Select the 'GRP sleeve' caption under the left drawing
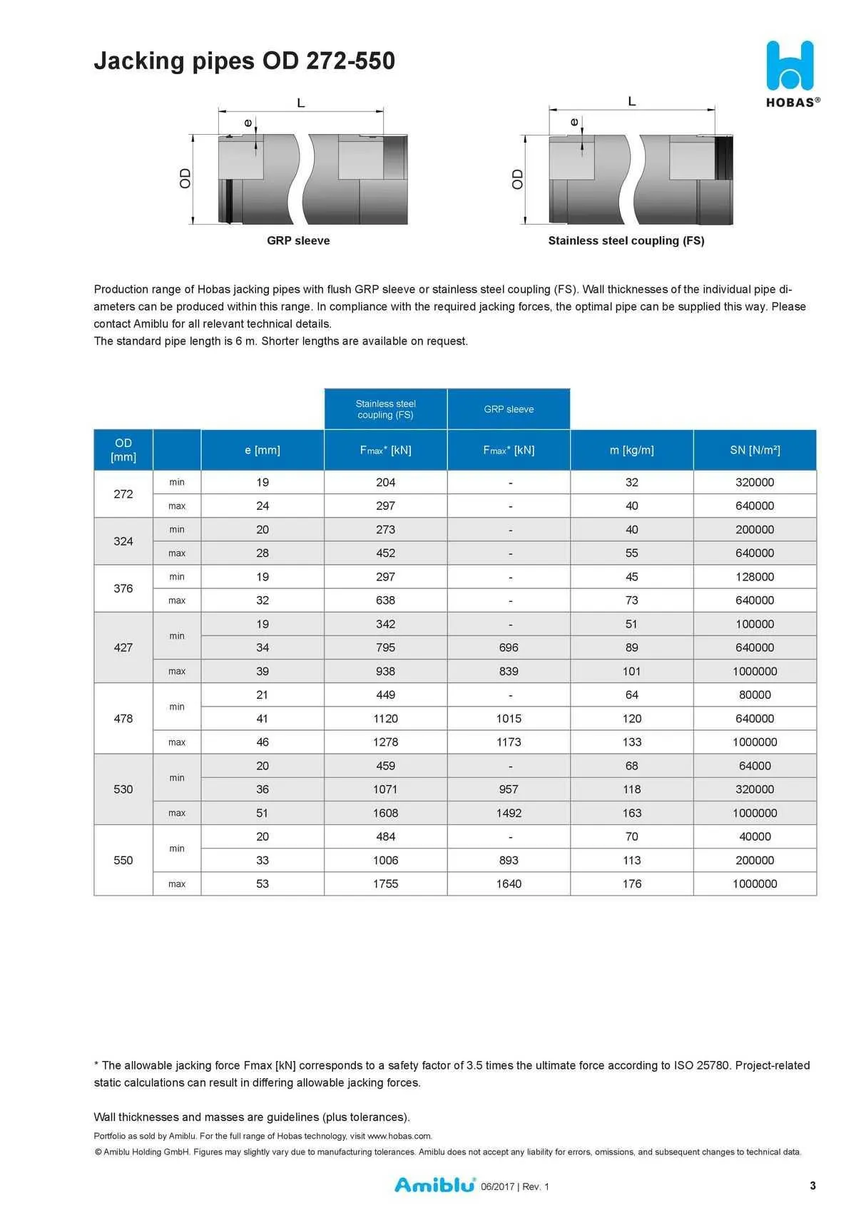pyautogui.click(x=298, y=241)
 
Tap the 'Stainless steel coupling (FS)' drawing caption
pyautogui.click(x=626, y=241)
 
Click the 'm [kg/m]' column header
pyautogui.click(x=631, y=450)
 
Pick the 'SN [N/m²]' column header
pyautogui.click(x=755, y=450)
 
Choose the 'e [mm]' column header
pyautogui.click(x=263, y=450)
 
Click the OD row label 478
pyautogui.click(x=123, y=719)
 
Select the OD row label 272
pyautogui.click(x=123, y=494)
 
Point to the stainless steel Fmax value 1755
pyautogui.click(x=385, y=884)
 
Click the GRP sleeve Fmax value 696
pyautogui.click(x=509, y=647)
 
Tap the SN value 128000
pyautogui.click(x=755, y=577)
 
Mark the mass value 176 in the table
pyautogui.click(x=631, y=884)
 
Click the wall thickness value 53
pyautogui.click(x=263, y=884)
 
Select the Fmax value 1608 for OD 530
pyautogui.click(x=385, y=813)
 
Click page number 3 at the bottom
pyautogui.click(x=812, y=1186)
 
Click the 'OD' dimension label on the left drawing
pyautogui.click(x=185, y=178)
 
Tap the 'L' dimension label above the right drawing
pyautogui.click(x=632, y=101)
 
